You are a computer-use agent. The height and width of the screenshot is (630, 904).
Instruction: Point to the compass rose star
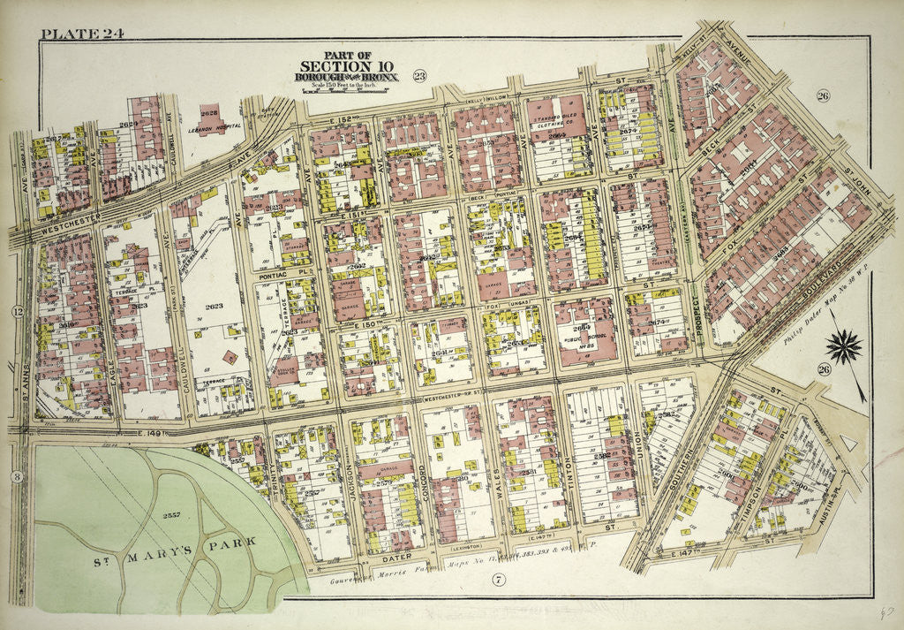pyautogui.click(x=847, y=345)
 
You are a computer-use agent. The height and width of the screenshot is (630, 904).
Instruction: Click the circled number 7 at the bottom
pyautogui.click(x=498, y=580)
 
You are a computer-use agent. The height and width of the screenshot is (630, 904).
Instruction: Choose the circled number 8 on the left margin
pyautogui.click(x=17, y=477)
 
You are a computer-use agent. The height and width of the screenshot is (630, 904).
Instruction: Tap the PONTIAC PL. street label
pyautogui.click(x=280, y=276)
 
